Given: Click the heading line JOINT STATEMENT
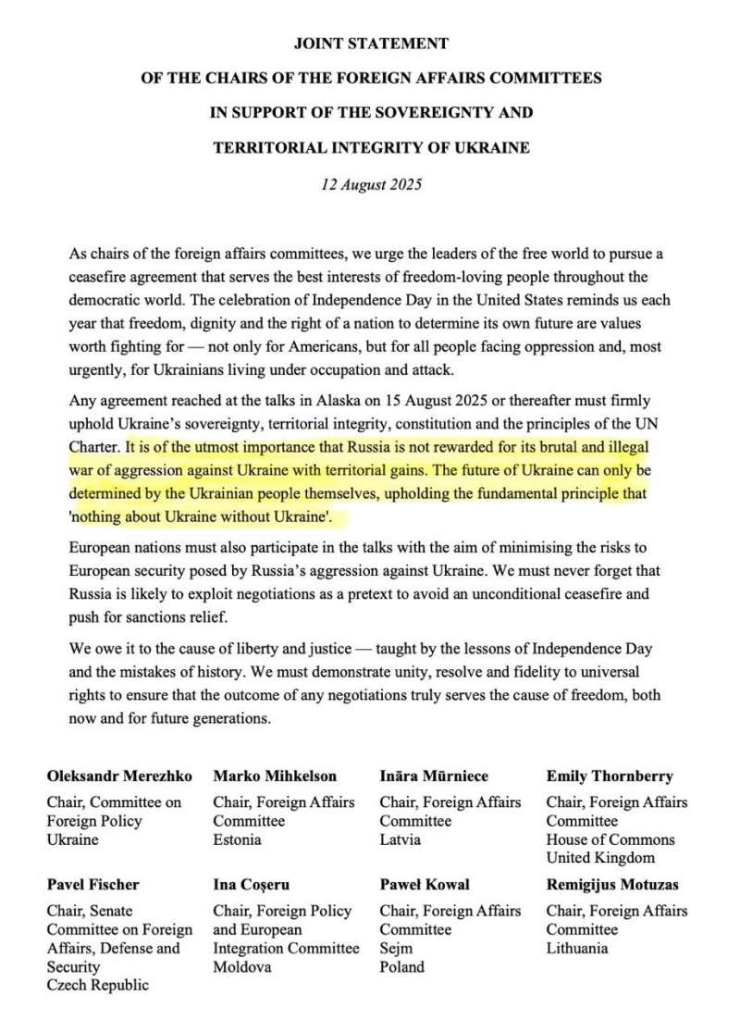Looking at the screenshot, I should click(x=371, y=44).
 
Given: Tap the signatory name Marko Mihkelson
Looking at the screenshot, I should click(x=275, y=776).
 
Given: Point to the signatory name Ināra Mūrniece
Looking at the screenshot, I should click(x=434, y=776).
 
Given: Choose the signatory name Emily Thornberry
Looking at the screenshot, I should click(x=609, y=776).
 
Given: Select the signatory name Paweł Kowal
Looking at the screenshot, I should click(x=425, y=884).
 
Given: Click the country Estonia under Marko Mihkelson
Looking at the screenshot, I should click(x=237, y=839).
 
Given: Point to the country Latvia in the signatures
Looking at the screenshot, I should click(x=400, y=839).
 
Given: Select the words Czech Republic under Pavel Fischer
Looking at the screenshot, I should click(x=97, y=985).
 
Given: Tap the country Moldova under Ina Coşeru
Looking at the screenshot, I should click(x=241, y=966).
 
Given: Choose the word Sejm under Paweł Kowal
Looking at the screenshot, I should click(x=396, y=948).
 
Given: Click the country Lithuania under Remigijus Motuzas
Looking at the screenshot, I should click(x=576, y=948).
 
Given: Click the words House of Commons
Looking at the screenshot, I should click(x=610, y=839).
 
